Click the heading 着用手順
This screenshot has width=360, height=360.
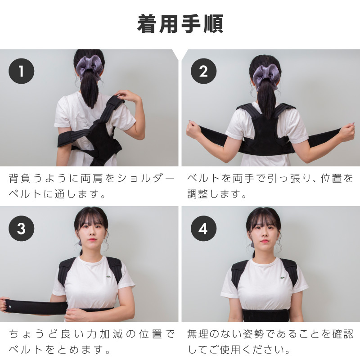point(180,24)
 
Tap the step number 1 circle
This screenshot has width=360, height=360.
point(21,71)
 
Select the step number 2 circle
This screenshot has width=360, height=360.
point(203,71)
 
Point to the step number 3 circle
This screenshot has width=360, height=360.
point(21,229)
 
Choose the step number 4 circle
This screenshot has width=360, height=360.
point(203,229)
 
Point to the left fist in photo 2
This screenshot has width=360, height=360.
point(193,130)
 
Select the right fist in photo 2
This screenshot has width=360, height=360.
point(347,132)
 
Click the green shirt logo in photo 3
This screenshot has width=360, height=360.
point(108,276)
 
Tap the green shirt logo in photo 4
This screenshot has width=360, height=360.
point(283,278)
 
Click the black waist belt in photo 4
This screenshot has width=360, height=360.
point(266,315)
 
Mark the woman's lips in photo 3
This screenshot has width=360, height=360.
point(92,239)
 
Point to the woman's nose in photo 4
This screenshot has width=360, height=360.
point(264,234)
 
